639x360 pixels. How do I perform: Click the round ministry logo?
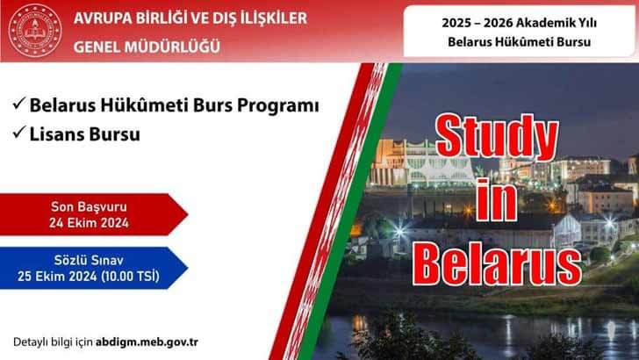[x=36, y=31]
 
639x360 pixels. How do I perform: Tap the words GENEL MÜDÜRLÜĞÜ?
[x=147, y=44]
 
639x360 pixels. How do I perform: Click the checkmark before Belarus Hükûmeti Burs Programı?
[x=18, y=104]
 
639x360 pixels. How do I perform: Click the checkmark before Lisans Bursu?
[x=18, y=136]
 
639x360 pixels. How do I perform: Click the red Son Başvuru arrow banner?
[x=91, y=215]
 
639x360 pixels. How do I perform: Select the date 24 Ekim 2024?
[x=90, y=223]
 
